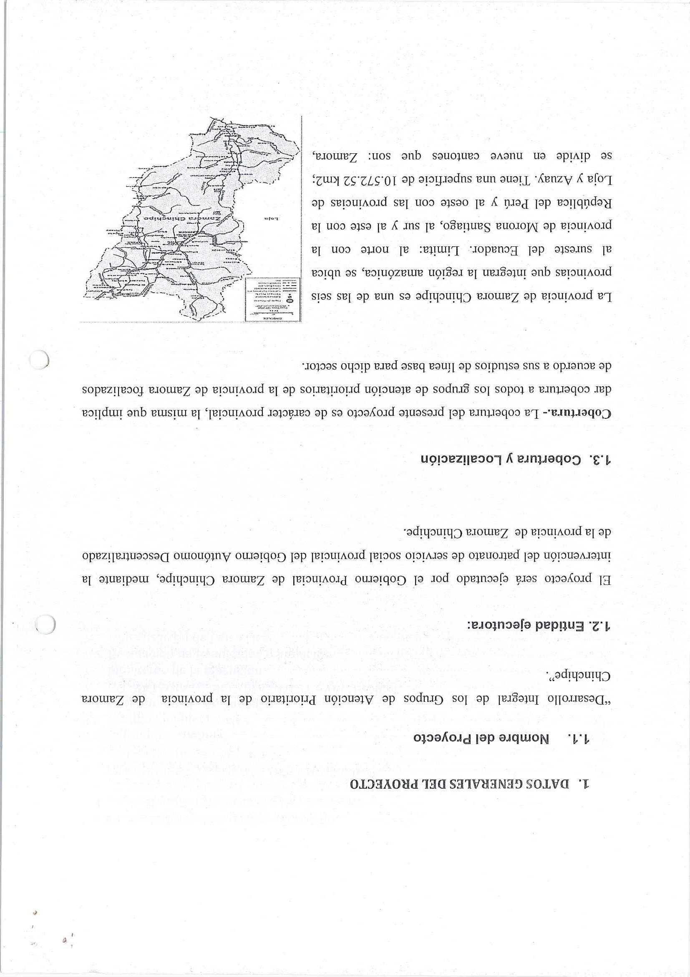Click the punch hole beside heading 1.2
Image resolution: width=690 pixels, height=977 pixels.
pyautogui.click(x=45, y=625)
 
